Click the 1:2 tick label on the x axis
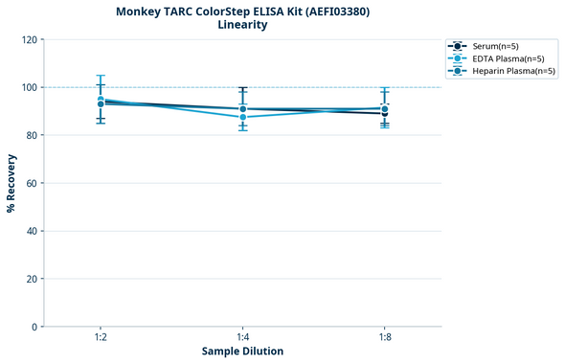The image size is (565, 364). click(x=101, y=338)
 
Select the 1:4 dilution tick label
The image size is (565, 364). click(x=242, y=338)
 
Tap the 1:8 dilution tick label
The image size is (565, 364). click(x=384, y=338)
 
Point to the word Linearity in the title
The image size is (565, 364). click(x=242, y=25)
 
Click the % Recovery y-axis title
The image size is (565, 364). click(x=11, y=183)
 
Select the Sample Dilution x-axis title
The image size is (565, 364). click(x=242, y=352)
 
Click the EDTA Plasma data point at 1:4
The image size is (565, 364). click(x=242, y=117)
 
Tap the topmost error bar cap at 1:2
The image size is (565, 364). click(x=101, y=76)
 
